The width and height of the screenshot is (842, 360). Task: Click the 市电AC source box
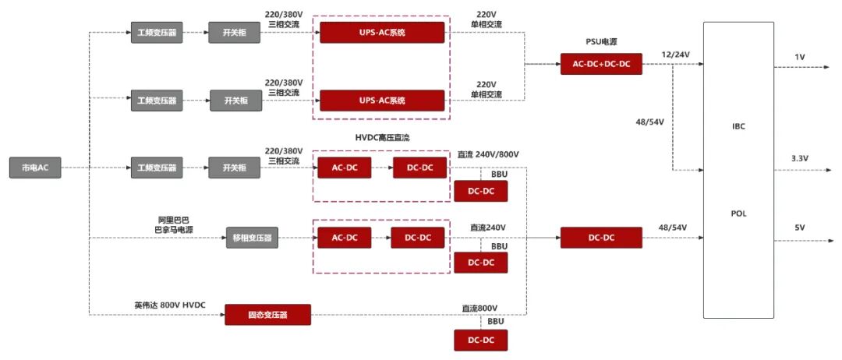34,168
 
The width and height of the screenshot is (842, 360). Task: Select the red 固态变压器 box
267,315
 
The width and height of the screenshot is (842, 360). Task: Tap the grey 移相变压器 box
252,238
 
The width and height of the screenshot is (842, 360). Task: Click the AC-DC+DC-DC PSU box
601,64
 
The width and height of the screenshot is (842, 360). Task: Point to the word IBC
739,125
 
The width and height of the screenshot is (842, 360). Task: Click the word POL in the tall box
739,213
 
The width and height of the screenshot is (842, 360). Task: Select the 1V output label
799,58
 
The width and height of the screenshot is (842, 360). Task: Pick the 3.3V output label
799,158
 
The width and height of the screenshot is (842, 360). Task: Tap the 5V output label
799,228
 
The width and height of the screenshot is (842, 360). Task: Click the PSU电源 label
602,41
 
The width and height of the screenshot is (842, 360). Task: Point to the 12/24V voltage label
674,54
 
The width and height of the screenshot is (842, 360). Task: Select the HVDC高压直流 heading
382,137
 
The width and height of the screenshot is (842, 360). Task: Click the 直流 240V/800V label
488,154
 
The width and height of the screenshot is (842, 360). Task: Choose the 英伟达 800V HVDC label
170,305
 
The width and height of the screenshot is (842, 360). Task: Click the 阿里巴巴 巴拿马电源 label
175,224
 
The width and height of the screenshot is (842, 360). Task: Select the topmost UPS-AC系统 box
382,33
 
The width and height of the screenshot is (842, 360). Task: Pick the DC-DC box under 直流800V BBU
480,341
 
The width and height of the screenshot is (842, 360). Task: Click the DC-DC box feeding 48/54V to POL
601,238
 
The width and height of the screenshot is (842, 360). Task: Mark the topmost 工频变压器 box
157,33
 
